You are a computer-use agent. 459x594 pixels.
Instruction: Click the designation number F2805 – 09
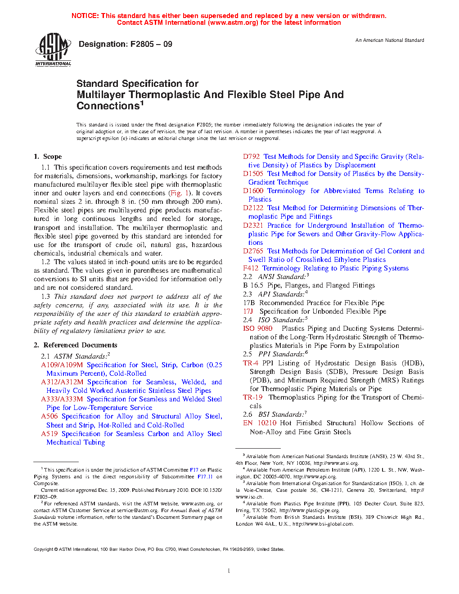click(151, 44)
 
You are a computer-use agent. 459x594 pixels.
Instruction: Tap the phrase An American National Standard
click(390, 40)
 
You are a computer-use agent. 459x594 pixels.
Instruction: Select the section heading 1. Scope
click(48, 157)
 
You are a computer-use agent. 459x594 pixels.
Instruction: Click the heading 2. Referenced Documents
click(75, 345)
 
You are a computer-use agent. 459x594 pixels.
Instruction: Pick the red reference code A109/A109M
click(62, 365)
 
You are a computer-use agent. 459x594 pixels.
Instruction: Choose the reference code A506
click(49, 416)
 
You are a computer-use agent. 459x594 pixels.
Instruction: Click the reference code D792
click(252, 157)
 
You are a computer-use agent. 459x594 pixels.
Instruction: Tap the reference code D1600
click(253, 191)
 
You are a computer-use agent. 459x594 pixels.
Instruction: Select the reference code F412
click(251, 268)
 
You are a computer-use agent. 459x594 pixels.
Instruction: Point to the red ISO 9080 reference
click(258, 328)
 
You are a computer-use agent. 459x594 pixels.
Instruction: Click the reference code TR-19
click(253, 397)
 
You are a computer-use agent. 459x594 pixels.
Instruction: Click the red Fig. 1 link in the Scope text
click(175, 193)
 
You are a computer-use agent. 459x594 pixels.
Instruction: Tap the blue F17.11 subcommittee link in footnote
click(205, 477)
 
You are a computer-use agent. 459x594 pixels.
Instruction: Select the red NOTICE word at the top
click(85, 16)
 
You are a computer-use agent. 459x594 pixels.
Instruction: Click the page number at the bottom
click(229, 571)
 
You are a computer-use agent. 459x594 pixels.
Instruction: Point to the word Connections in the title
click(108, 106)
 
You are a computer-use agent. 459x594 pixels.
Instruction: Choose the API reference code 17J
click(248, 311)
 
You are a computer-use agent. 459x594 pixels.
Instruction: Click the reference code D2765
click(253, 251)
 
